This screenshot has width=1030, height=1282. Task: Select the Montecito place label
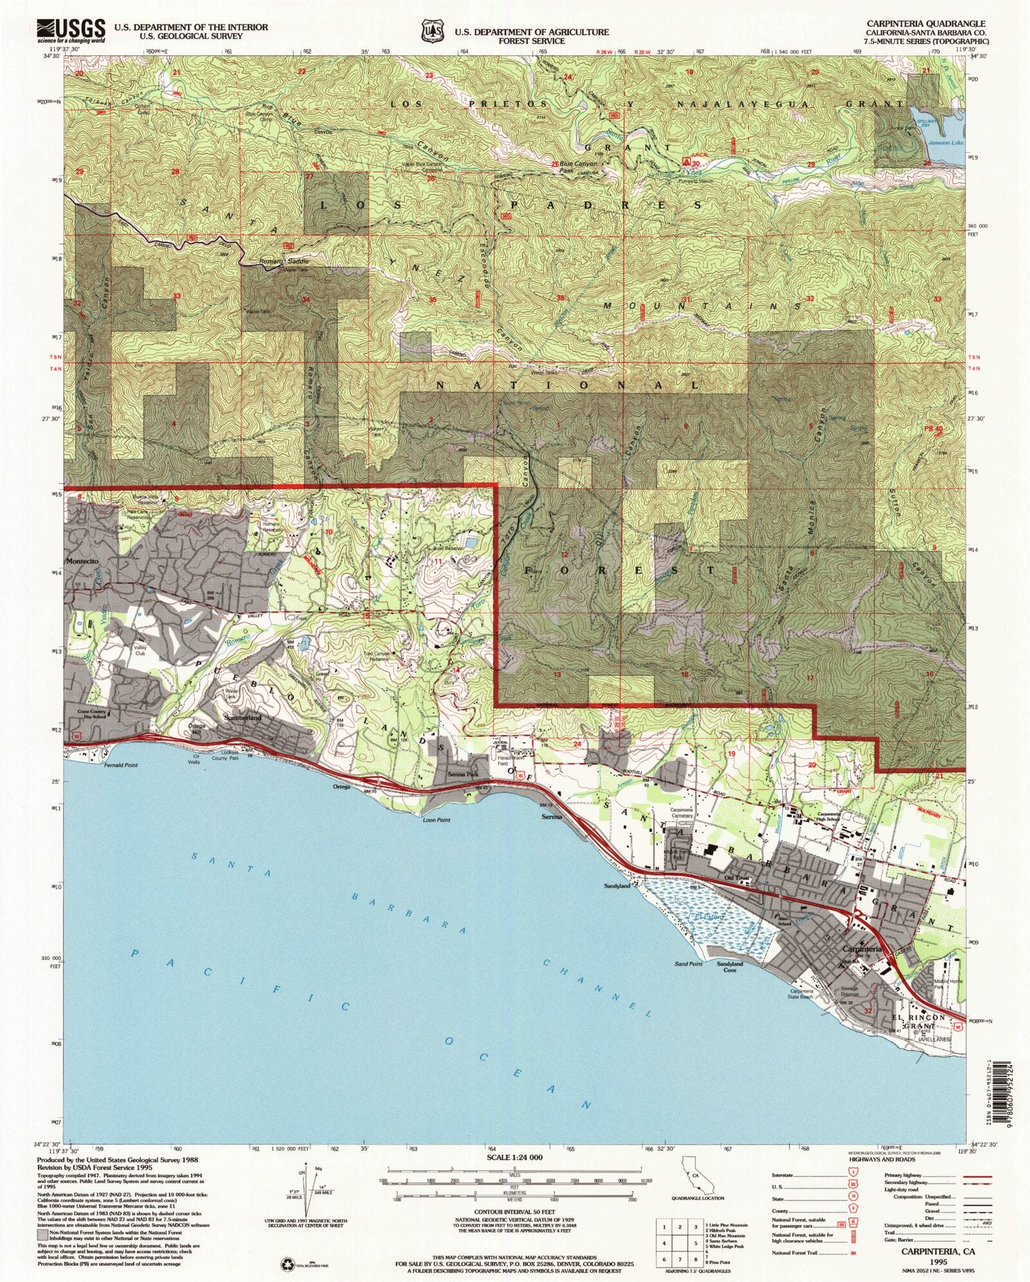[81, 561]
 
